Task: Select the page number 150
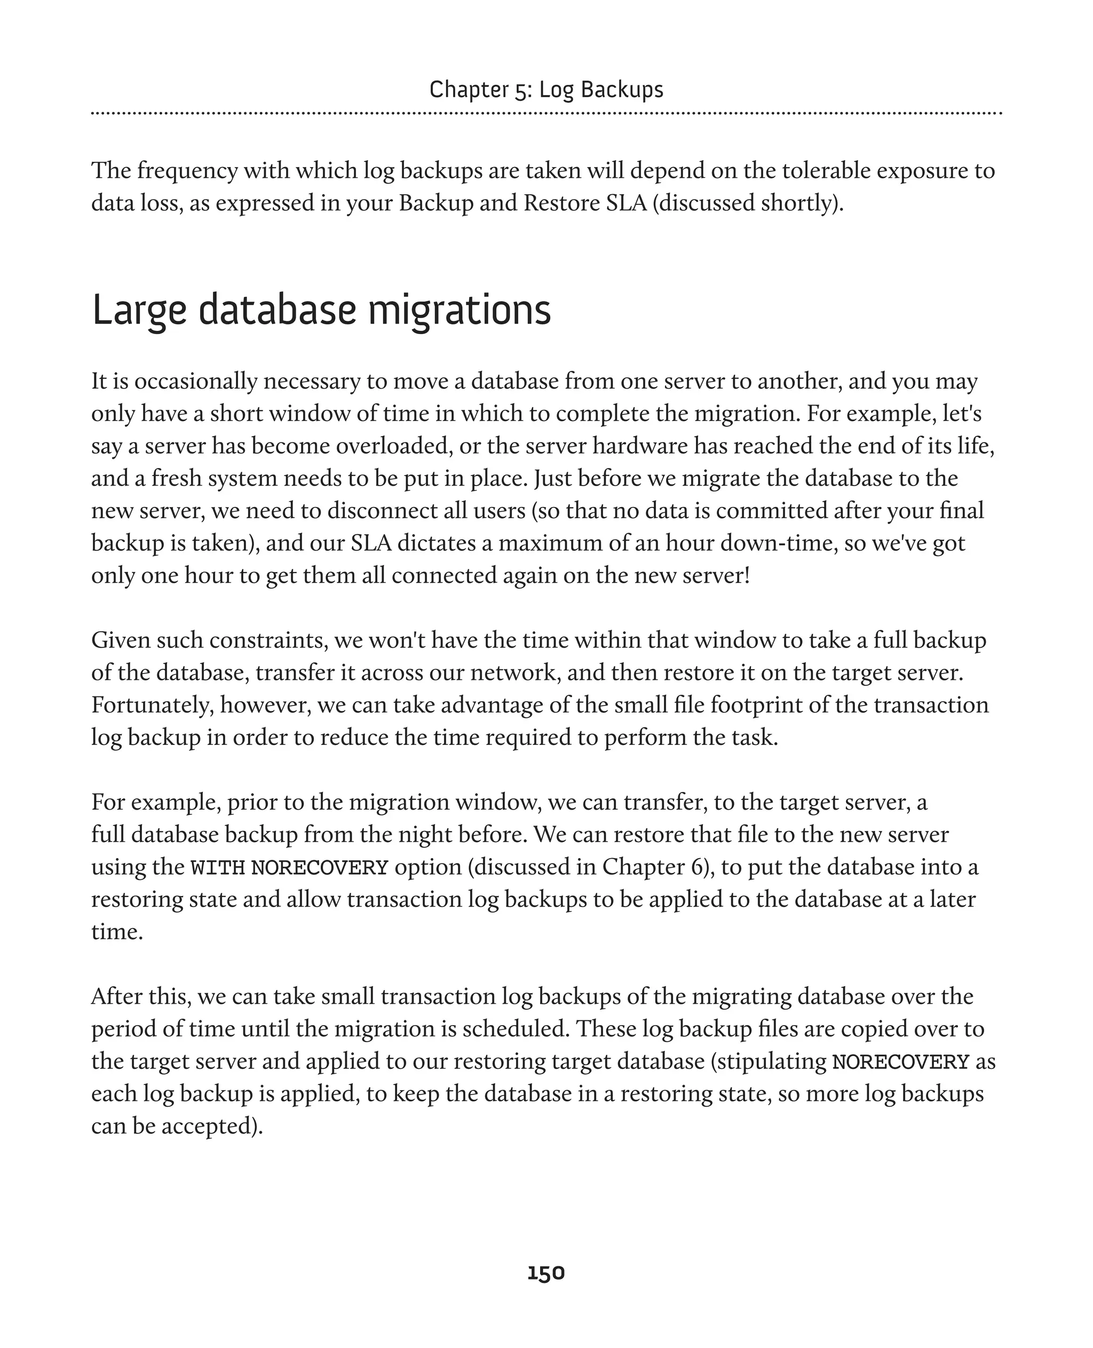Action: point(546,1273)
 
